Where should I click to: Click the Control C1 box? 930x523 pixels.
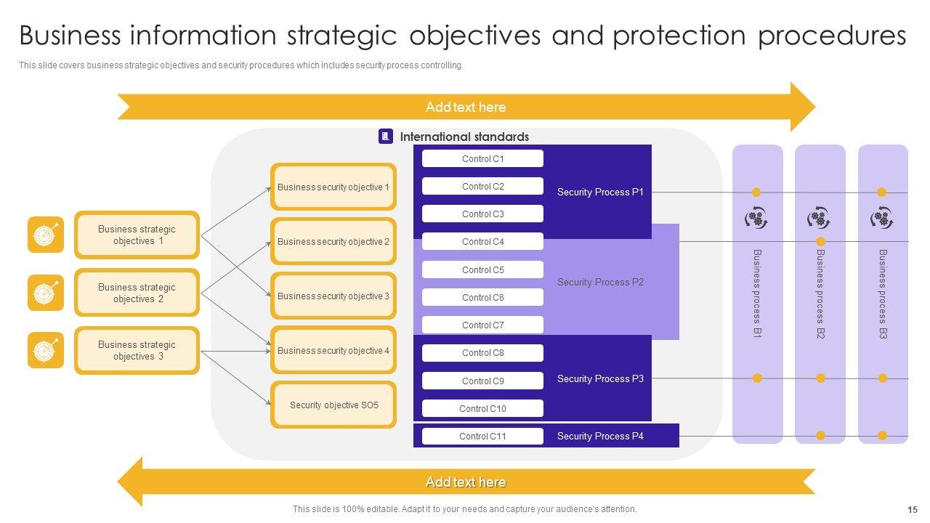[482, 158]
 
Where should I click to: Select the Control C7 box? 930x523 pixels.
[482, 325]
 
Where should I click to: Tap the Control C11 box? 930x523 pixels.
[482, 436]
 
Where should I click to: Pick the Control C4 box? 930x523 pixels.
[482, 242]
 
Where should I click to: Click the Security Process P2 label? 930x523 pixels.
[600, 282]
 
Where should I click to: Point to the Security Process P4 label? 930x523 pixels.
[600, 436]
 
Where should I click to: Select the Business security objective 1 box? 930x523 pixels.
[333, 187]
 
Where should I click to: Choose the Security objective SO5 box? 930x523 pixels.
[333, 405]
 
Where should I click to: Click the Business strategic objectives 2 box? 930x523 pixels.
[137, 293]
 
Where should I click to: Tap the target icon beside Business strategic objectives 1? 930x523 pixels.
[46, 235]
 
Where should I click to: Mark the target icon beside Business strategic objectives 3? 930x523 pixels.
[46, 350]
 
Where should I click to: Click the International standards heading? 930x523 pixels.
[464, 137]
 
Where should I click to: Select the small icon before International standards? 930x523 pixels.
[386, 137]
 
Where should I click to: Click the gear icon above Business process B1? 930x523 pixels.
[756, 218]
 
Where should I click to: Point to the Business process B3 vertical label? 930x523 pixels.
[883, 293]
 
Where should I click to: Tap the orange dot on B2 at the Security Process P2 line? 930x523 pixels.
[820, 241]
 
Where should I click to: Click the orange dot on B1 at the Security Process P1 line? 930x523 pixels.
[756, 192]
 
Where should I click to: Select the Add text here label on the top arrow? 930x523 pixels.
[466, 107]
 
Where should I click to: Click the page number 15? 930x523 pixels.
[913, 509]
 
